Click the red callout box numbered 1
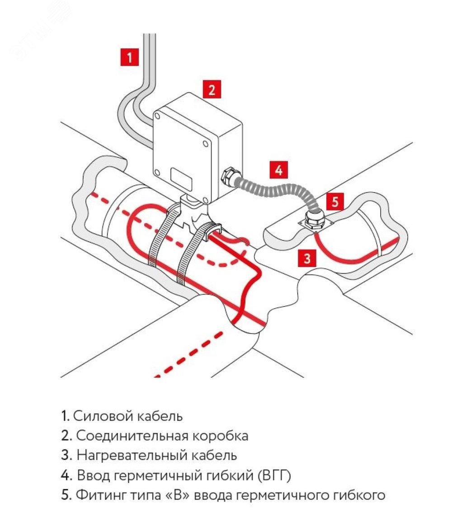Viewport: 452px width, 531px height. point(129,57)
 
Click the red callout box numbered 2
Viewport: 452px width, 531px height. point(211,89)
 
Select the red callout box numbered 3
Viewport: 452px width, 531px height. point(307,259)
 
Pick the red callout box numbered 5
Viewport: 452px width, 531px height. point(334,202)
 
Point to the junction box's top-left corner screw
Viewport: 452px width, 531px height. point(159,117)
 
